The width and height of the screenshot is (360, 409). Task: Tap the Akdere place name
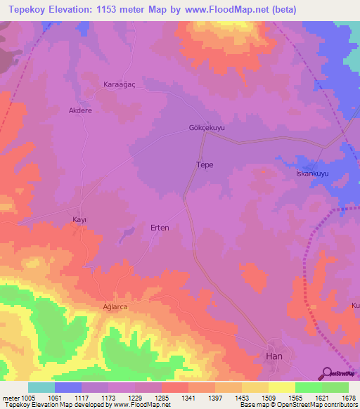click(79, 110)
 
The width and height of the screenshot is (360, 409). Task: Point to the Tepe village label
click(204, 164)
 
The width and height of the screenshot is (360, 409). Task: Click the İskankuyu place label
click(312, 174)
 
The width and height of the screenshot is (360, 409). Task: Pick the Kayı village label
click(80, 220)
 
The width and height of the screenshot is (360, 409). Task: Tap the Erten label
click(160, 228)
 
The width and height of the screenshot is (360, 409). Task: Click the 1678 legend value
click(348, 397)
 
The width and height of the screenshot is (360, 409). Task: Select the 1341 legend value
click(188, 397)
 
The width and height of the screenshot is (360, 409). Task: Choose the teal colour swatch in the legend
click(41, 387)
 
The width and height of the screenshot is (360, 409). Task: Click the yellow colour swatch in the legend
click(281, 387)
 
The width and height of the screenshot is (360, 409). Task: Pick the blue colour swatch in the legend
click(68, 387)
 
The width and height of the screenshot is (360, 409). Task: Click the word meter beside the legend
click(10, 397)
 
